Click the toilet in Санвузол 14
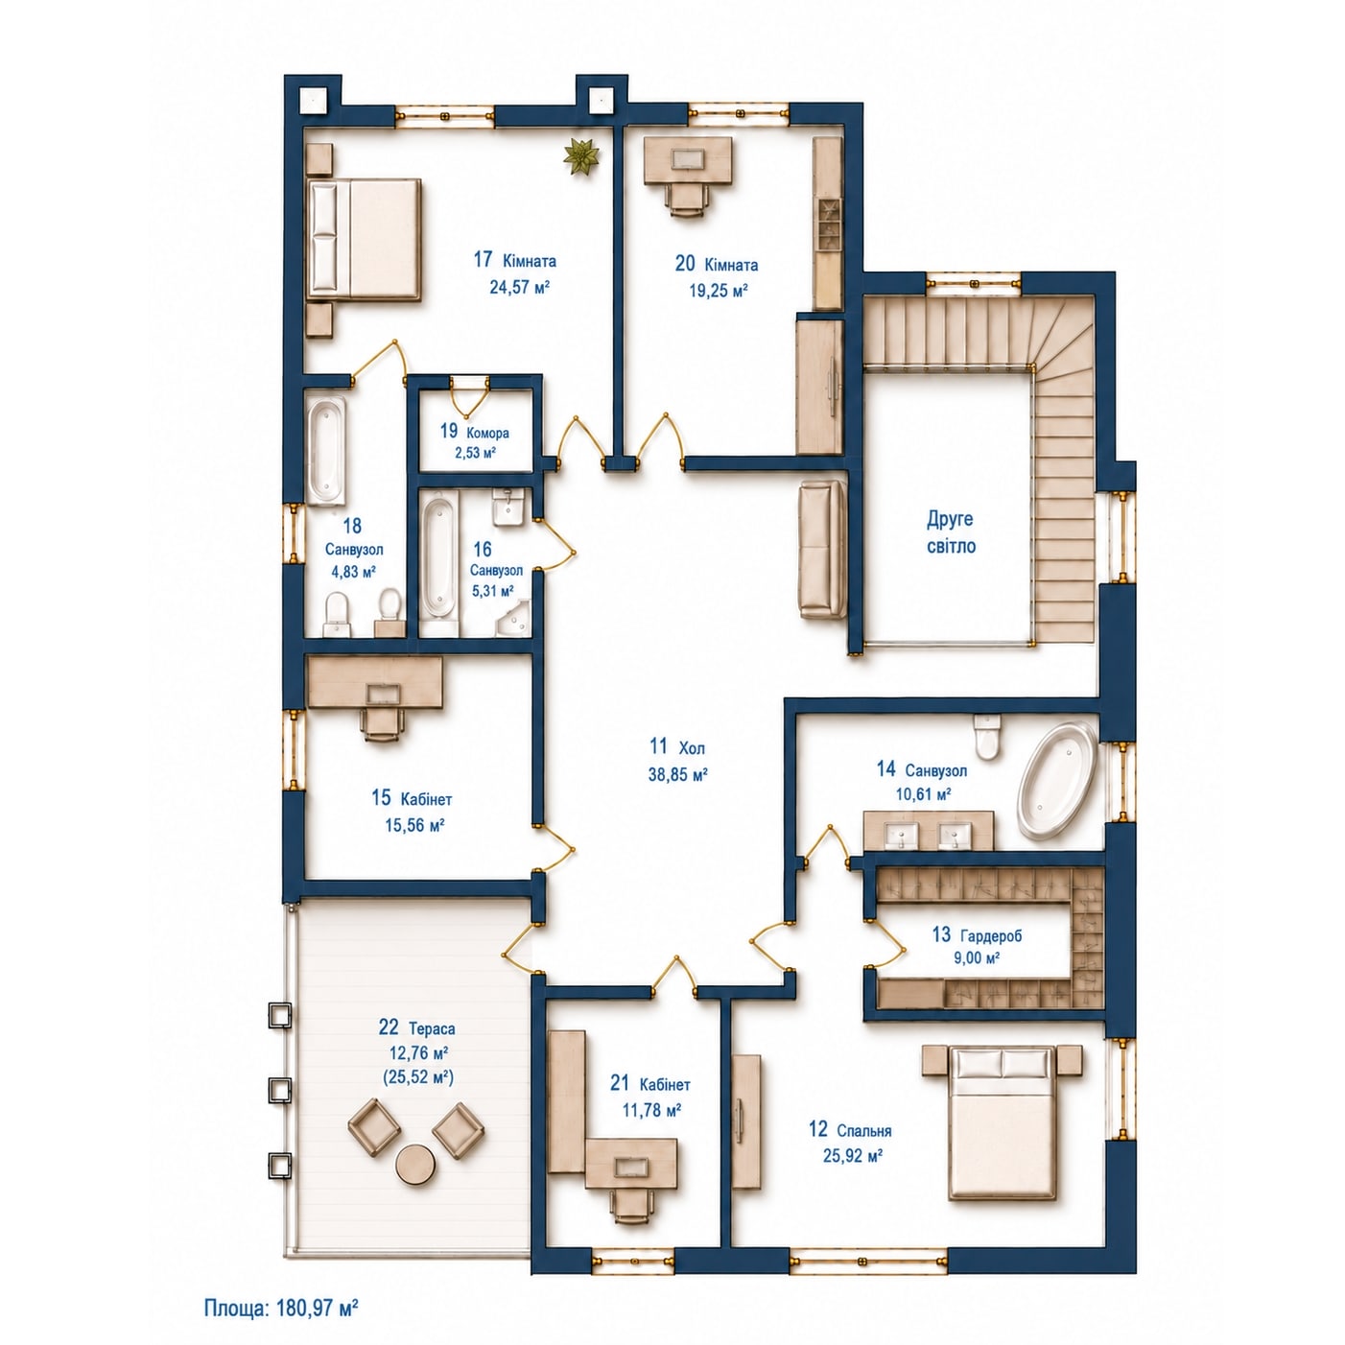(987, 737)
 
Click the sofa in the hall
(823, 550)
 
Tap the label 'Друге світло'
(950, 532)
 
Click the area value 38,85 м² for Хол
(678, 773)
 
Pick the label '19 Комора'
(474, 432)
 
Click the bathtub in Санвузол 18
(326, 451)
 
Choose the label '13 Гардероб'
(977, 934)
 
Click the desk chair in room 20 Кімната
(688, 201)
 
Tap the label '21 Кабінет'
(649, 1084)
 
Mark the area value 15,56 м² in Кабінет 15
(415, 824)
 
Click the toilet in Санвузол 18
(337, 613)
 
